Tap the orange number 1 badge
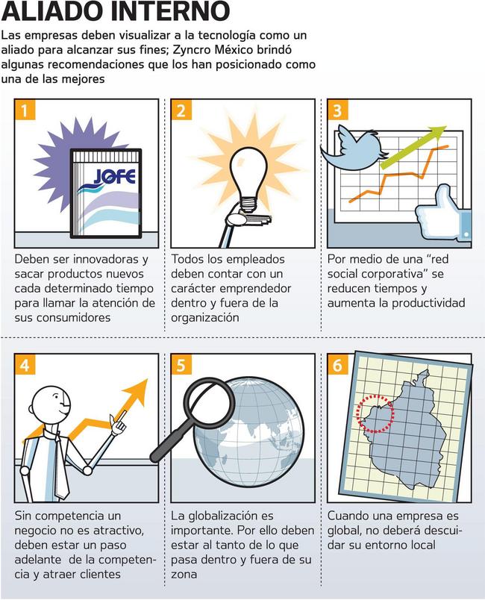click(x=25, y=110)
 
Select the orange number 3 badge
click(x=338, y=110)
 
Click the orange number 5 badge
click(x=181, y=365)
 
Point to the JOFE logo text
click(x=114, y=176)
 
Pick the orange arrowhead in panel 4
click(x=136, y=393)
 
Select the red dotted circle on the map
click(x=375, y=414)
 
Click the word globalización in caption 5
click(x=222, y=516)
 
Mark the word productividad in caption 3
click(x=428, y=304)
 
